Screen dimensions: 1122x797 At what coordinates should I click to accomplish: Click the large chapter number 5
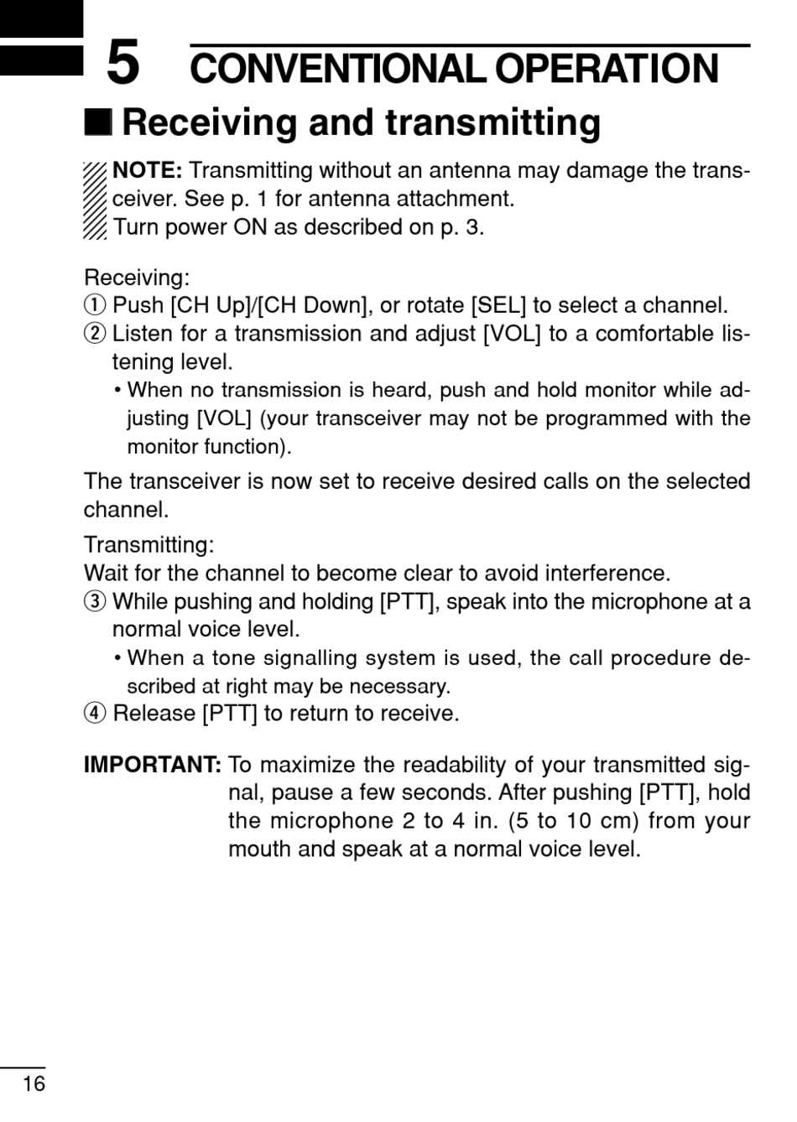point(122,64)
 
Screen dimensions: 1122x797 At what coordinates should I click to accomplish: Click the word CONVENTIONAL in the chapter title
point(338,69)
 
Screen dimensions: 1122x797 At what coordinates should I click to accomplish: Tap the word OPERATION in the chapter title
point(606,69)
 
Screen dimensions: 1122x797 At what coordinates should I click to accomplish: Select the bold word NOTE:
point(147,171)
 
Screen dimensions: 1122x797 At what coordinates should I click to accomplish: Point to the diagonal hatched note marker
point(95,200)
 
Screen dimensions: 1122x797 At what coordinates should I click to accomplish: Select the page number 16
point(34,1084)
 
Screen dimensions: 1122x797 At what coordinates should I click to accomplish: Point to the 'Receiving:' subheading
point(137,278)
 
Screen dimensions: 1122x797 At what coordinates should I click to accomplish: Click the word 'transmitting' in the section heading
point(493,122)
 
